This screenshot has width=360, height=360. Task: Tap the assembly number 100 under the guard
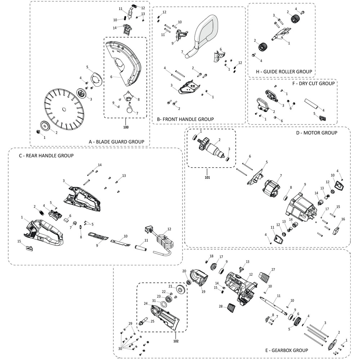[x=126, y=127]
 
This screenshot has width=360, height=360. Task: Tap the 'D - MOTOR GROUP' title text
[x=316, y=133]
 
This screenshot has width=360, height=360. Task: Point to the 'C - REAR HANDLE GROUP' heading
[x=46, y=156]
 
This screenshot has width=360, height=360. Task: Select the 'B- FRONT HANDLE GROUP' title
[x=185, y=119]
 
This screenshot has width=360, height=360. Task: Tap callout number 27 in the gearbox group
[x=273, y=269]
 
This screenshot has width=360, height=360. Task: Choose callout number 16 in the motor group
[x=343, y=219]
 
